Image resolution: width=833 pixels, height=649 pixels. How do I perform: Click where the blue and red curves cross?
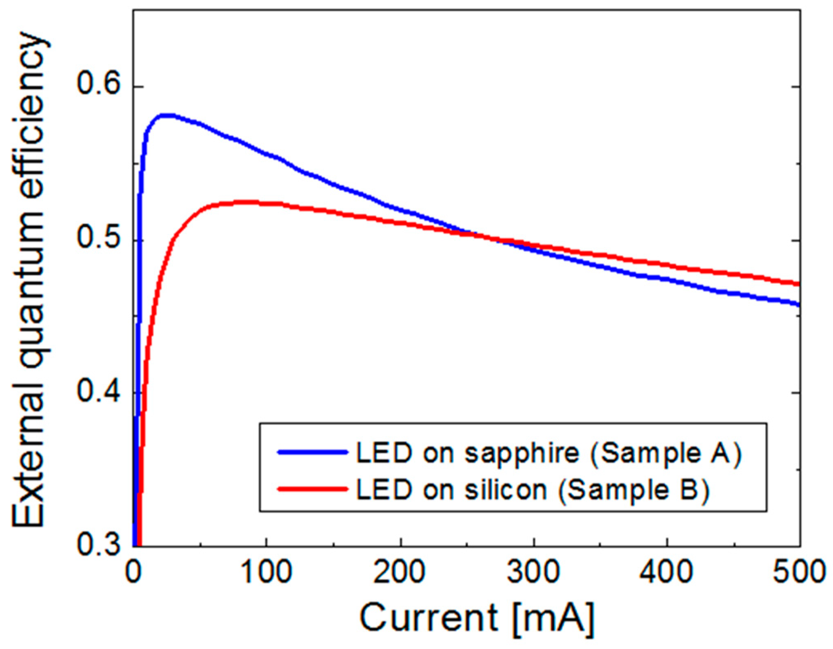[486, 237]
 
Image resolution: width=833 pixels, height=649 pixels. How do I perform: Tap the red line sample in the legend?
[312, 488]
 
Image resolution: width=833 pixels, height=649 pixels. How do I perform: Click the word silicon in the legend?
[505, 489]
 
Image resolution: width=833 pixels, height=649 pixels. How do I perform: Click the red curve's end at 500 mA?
[798, 284]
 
